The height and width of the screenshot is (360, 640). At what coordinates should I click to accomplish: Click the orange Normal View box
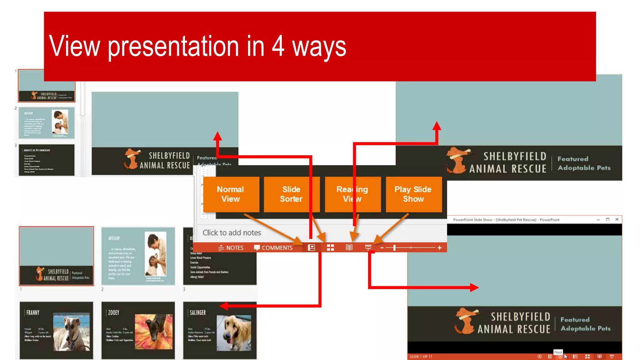231,194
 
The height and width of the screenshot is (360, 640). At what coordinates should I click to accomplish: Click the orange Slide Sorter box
291,194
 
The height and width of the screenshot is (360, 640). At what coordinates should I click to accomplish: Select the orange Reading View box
352,194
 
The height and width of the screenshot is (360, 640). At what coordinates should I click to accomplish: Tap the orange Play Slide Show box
413,194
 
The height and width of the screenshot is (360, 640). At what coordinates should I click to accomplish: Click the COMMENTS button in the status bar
273,248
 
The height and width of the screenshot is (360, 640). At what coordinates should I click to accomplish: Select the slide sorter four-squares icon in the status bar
330,248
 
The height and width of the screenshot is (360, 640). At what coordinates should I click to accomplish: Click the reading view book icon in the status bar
349,248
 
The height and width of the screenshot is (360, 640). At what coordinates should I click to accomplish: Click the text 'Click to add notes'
232,233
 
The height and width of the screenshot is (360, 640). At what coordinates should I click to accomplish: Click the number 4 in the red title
278,46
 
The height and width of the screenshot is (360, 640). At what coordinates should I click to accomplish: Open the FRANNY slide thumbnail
57,330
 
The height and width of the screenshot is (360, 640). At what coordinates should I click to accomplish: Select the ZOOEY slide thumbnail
138,330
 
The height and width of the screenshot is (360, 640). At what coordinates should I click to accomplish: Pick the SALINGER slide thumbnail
220,330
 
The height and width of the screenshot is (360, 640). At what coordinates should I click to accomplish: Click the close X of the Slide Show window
617,219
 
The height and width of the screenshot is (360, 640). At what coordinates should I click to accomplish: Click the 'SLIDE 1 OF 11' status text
421,357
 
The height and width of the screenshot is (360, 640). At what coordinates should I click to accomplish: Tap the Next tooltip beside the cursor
558,352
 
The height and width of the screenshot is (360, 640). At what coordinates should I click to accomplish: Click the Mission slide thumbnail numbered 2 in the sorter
138,256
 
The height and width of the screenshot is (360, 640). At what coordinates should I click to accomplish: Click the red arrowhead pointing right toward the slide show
474,287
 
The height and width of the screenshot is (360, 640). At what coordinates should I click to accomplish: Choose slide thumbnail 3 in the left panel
47,160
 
